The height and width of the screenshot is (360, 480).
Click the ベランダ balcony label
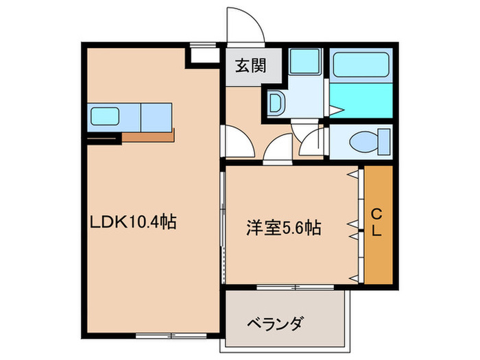275,323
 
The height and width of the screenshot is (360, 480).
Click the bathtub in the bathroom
361,67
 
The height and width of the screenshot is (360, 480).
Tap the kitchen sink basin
106,116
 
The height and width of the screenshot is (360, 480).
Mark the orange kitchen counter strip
148,136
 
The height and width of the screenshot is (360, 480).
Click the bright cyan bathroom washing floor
361,99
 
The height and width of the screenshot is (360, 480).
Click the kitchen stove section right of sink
156,116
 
